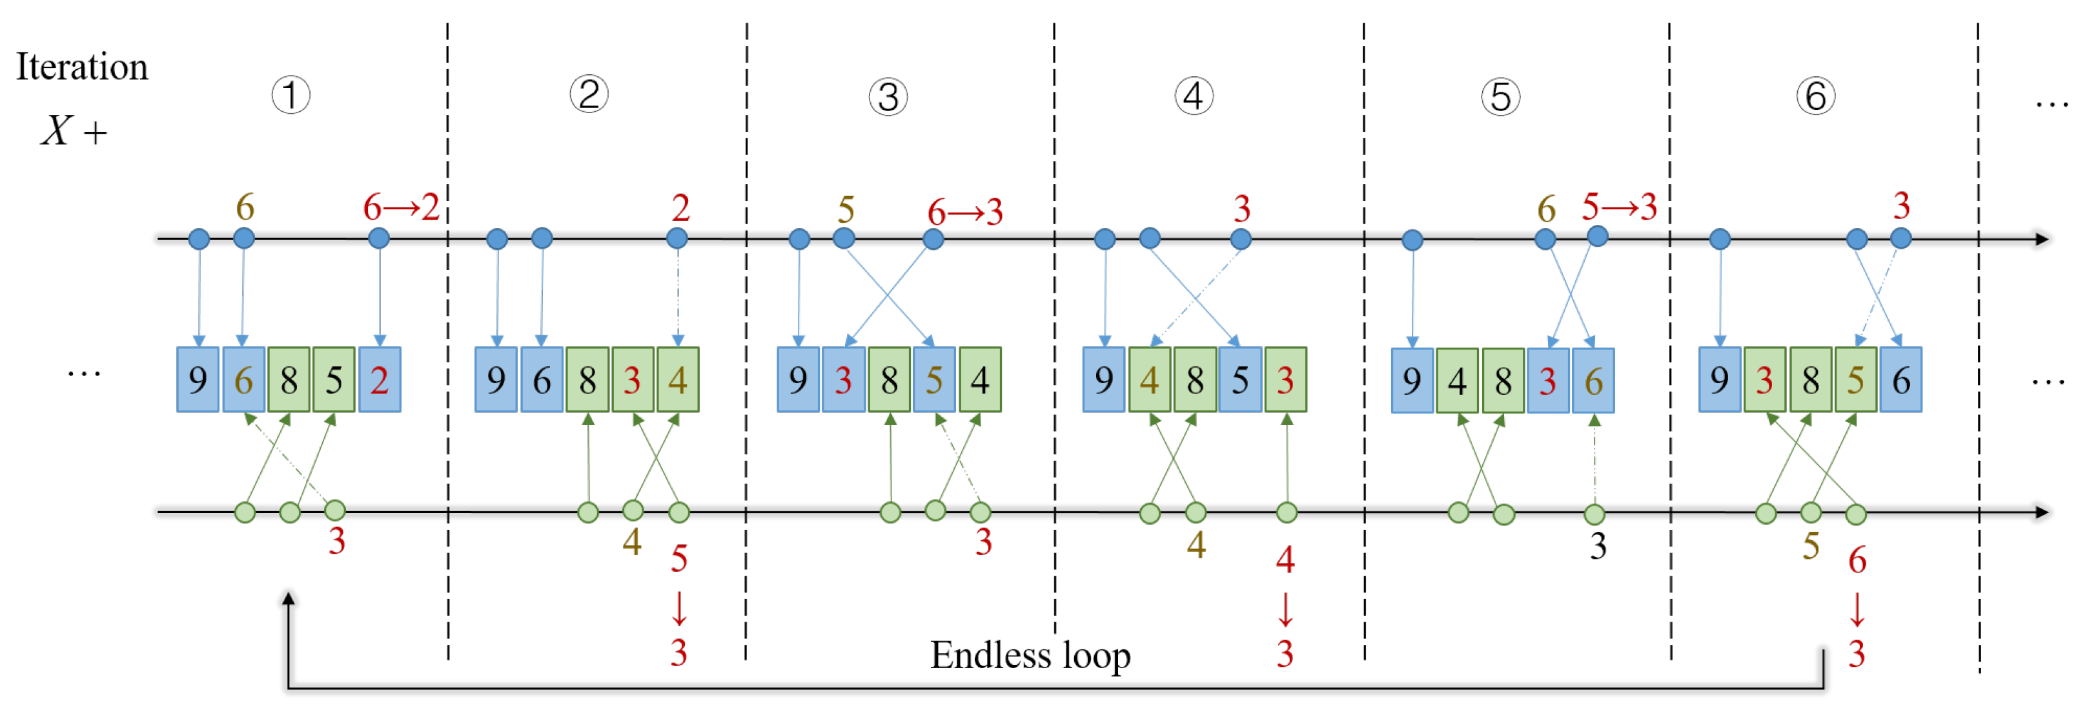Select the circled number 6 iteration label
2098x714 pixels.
pos(1815,96)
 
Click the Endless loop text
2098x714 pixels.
pos(1030,655)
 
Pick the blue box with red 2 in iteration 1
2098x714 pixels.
pos(380,380)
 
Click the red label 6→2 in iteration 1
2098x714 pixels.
pos(401,208)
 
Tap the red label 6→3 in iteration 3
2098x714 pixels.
pos(964,213)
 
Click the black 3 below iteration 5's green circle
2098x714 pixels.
pos(1598,546)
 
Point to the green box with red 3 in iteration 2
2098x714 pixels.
pos(633,380)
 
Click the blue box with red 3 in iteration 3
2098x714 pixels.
pos(844,380)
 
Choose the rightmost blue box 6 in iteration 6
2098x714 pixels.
pos(1901,380)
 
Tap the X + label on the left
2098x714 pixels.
pos(74,131)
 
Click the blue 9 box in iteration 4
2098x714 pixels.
pos(1104,380)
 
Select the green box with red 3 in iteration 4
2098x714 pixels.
pos(1285,380)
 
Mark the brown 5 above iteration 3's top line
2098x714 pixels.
pos(846,210)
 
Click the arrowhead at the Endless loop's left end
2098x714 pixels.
pos(289,599)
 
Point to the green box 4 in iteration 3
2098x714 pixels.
pos(980,380)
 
